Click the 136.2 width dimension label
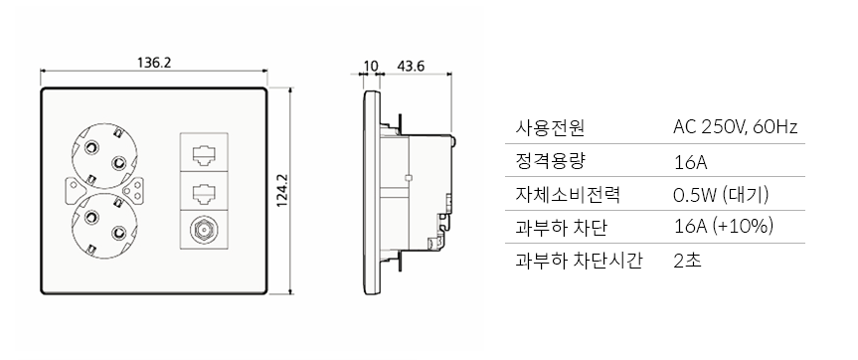pyautogui.click(x=154, y=62)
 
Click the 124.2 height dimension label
pyautogui.click(x=281, y=192)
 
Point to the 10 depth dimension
pyautogui.click(x=371, y=67)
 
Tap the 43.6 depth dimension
pyautogui.click(x=411, y=67)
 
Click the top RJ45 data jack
pyautogui.click(x=203, y=155)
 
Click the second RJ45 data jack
pyautogui.click(x=203, y=192)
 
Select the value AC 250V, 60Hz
pyautogui.click(x=736, y=128)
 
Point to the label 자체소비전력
pyautogui.click(x=567, y=194)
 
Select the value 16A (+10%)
pyautogui.click(x=723, y=227)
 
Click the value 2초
pyautogui.click(x=686, y=261)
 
